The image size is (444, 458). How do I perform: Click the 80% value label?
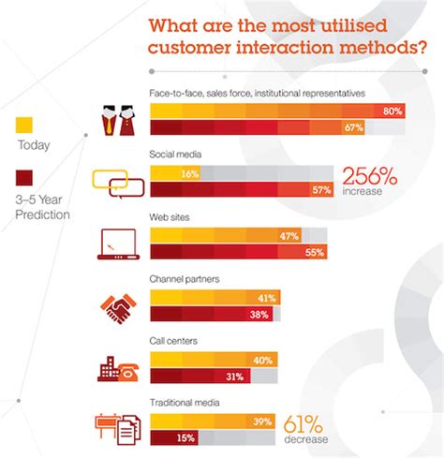[392, 111]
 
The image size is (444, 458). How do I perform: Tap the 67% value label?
[352, 127]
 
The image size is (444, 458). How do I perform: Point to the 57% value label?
[320, 190]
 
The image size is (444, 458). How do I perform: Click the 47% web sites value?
[289, 237]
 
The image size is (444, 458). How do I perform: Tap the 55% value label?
[314, 253]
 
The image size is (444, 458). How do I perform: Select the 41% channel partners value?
[266, 299]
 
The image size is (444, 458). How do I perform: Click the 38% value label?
[258, 315]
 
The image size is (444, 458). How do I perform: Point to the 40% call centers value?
[263, 361]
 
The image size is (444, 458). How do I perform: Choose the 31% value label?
[234, 377]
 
